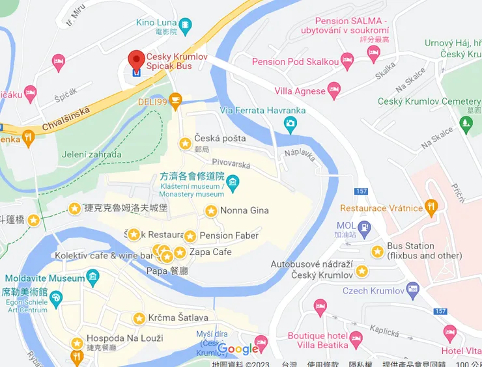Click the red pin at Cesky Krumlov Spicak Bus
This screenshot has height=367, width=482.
[x=136, y=60]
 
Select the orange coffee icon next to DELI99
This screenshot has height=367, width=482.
[x=175, y=100]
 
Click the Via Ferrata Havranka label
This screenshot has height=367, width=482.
[x=262, y=110]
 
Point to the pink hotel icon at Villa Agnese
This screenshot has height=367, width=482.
[x=334, y=90]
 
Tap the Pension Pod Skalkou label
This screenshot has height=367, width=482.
[x=295, y=62]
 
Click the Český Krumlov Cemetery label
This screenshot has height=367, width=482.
[x=429, y=102]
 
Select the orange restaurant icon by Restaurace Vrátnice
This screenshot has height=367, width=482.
[x=431, y=208]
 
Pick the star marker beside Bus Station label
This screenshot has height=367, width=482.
[x=377, y=251]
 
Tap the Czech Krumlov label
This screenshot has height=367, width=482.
[x=373, y=290]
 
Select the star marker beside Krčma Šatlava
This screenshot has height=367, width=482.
[x=139, y=318]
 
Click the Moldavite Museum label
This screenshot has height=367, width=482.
[x=45, y=278]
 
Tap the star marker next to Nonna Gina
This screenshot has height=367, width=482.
[x=211, y=211]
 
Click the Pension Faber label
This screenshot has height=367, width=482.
[x=229, y=236]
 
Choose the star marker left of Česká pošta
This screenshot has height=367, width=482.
[x=186, y=143]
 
